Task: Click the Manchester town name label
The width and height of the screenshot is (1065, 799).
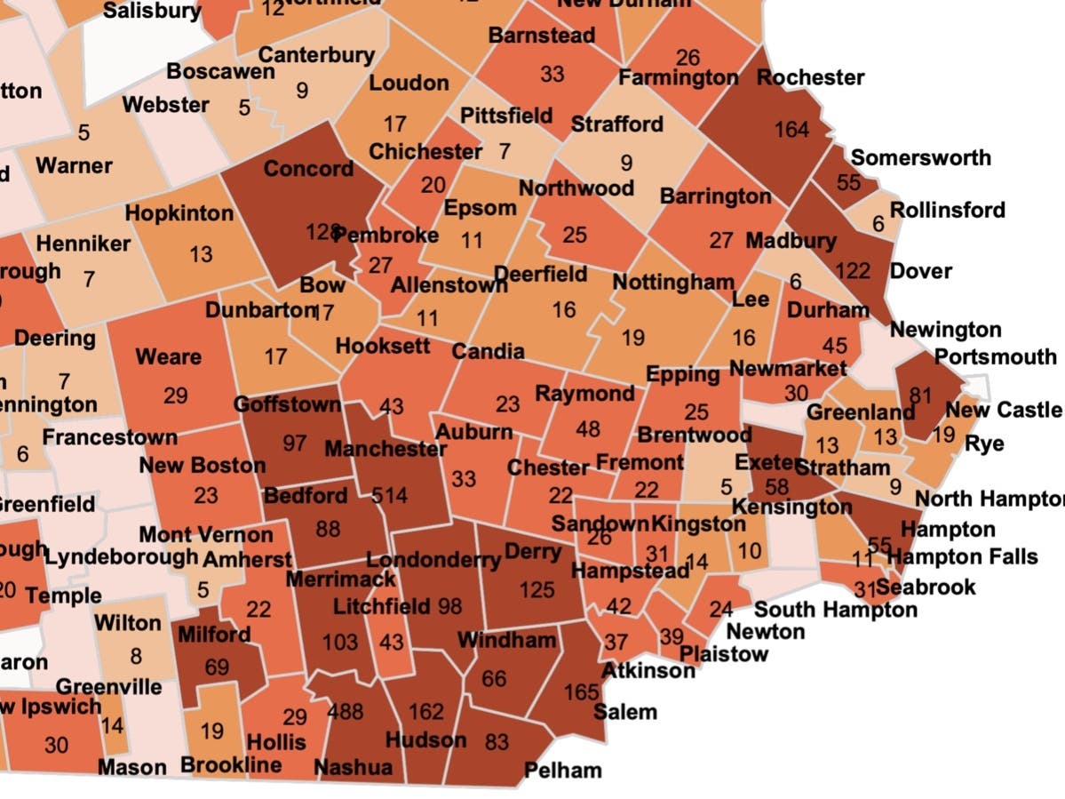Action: (385, 449)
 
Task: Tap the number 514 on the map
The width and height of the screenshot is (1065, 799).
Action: (389, 495)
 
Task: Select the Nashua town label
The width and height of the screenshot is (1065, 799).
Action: (353, 766)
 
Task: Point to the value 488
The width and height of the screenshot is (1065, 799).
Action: (345, 711)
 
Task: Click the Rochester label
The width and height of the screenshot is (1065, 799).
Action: (810, 78)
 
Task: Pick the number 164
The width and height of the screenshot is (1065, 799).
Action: (791, 130)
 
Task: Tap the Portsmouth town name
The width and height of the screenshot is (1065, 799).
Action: (996, 356)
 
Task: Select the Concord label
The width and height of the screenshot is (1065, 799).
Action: (308, 169)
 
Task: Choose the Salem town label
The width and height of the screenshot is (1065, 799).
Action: (625, 711)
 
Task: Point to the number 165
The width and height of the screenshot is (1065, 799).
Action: (582, 691)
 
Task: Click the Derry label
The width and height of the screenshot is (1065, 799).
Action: (533, 552)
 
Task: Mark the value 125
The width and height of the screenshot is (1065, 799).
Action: (536, 588)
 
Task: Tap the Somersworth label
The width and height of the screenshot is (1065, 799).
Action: (920, 158)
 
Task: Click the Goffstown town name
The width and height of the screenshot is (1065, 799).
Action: (287, 405)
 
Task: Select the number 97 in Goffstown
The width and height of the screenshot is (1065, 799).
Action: (295, 442)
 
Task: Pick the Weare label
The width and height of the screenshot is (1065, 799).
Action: (168, 357)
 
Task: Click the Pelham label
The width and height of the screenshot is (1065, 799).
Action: (562, 770)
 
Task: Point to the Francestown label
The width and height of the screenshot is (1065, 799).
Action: (109, 437)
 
